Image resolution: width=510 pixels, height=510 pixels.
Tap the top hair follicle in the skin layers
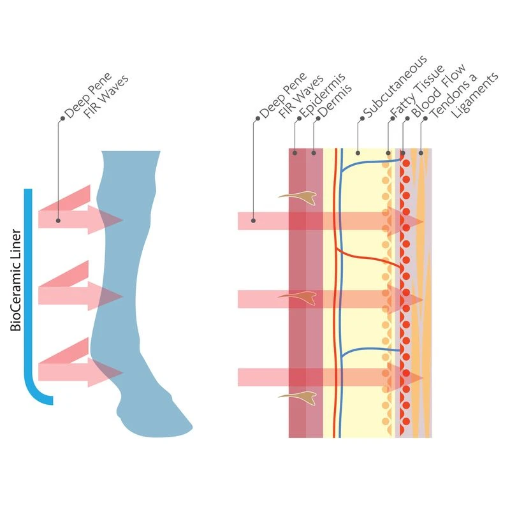(300, 198)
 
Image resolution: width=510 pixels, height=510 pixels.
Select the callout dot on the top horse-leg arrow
(59, 221)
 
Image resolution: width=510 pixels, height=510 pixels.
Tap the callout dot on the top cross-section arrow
(254, 221)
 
